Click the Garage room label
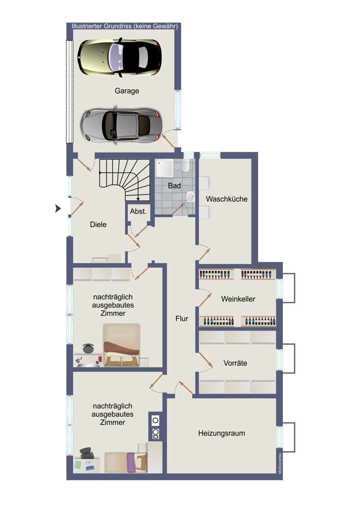click(126, 91)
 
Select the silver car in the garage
click(121, 125)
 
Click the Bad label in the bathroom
click(174, 186)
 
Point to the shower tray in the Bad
click(165, 168)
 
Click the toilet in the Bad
click(186, 165)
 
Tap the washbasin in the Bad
click(191, 197)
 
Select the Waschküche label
click(227, 199)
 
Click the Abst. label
click(138, 212)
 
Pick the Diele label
click(98, 224)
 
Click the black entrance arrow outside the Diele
click(58, 208)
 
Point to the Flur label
click(182, 319)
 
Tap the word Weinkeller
click(238, 299)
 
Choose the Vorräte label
click(235, 363)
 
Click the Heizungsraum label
click(221, 433)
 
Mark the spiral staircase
click(124, 180)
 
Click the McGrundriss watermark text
click(279, 464)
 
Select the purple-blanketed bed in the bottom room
click(126, 463)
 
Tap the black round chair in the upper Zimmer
click(88, 348)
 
